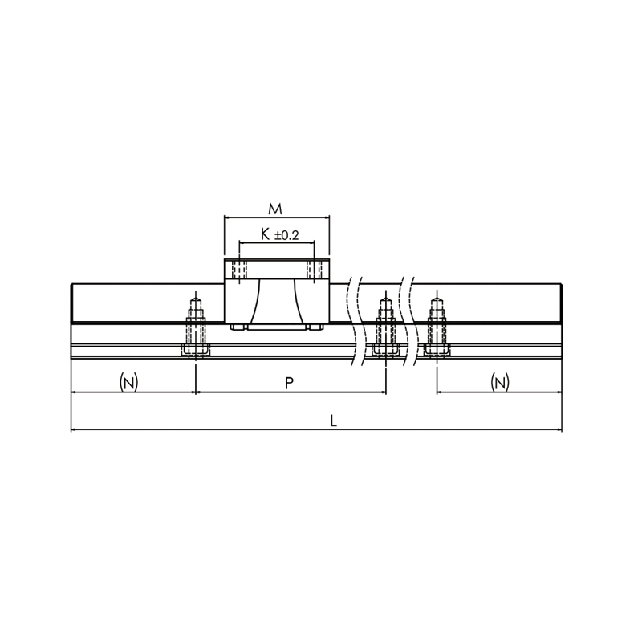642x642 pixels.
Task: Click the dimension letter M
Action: pyautogui.click(x=275, y=209)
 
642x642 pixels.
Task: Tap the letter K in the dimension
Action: pyautogui.click(x=266, y=234)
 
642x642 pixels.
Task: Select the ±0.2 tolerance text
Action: pyautogui.click(x=286, y=235)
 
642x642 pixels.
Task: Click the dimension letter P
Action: pyautogui.click(x=289, y=384)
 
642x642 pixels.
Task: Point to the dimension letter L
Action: pyautogui.click(x=334, y=421)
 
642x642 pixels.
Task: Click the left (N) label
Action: pyautogui.click(x=128, y=383)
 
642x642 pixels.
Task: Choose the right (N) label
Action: pyautogui.click(x=500, y=383)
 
